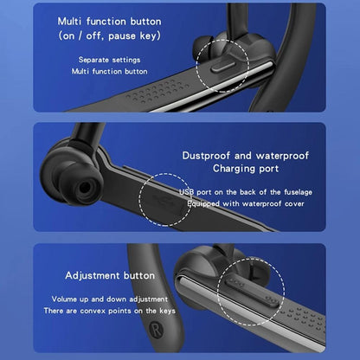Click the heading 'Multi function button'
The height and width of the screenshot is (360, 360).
coord(109,20)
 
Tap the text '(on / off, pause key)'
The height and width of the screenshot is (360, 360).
coord(109,36)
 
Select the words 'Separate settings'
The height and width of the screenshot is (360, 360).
coord(109,59)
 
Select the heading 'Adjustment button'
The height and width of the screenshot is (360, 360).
coord(109,275)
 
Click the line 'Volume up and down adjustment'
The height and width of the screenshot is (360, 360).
coord(110,299)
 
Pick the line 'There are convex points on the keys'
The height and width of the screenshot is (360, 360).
coord(110,311)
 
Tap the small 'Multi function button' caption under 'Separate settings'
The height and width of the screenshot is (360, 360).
coord(109,71)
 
